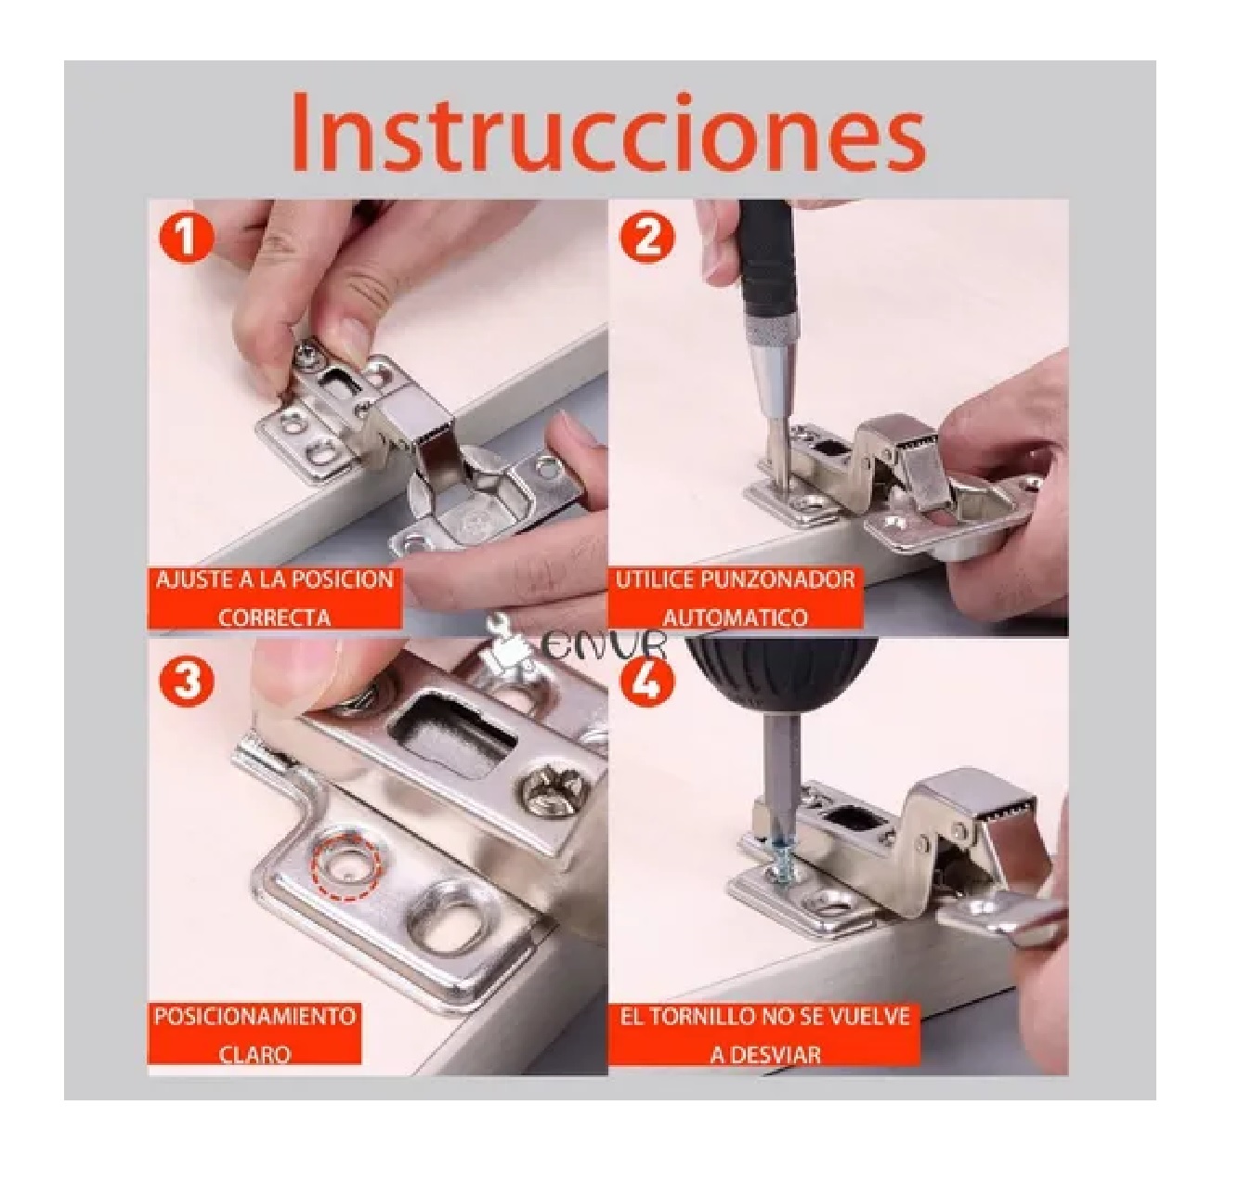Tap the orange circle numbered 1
pos(186,238)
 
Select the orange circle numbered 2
pos(646,238)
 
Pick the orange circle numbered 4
pos(646,682)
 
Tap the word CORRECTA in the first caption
pos(275,617)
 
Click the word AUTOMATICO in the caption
pos(735,617)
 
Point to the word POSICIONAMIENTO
pos(254,1015)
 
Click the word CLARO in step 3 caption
pos(254,1054)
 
